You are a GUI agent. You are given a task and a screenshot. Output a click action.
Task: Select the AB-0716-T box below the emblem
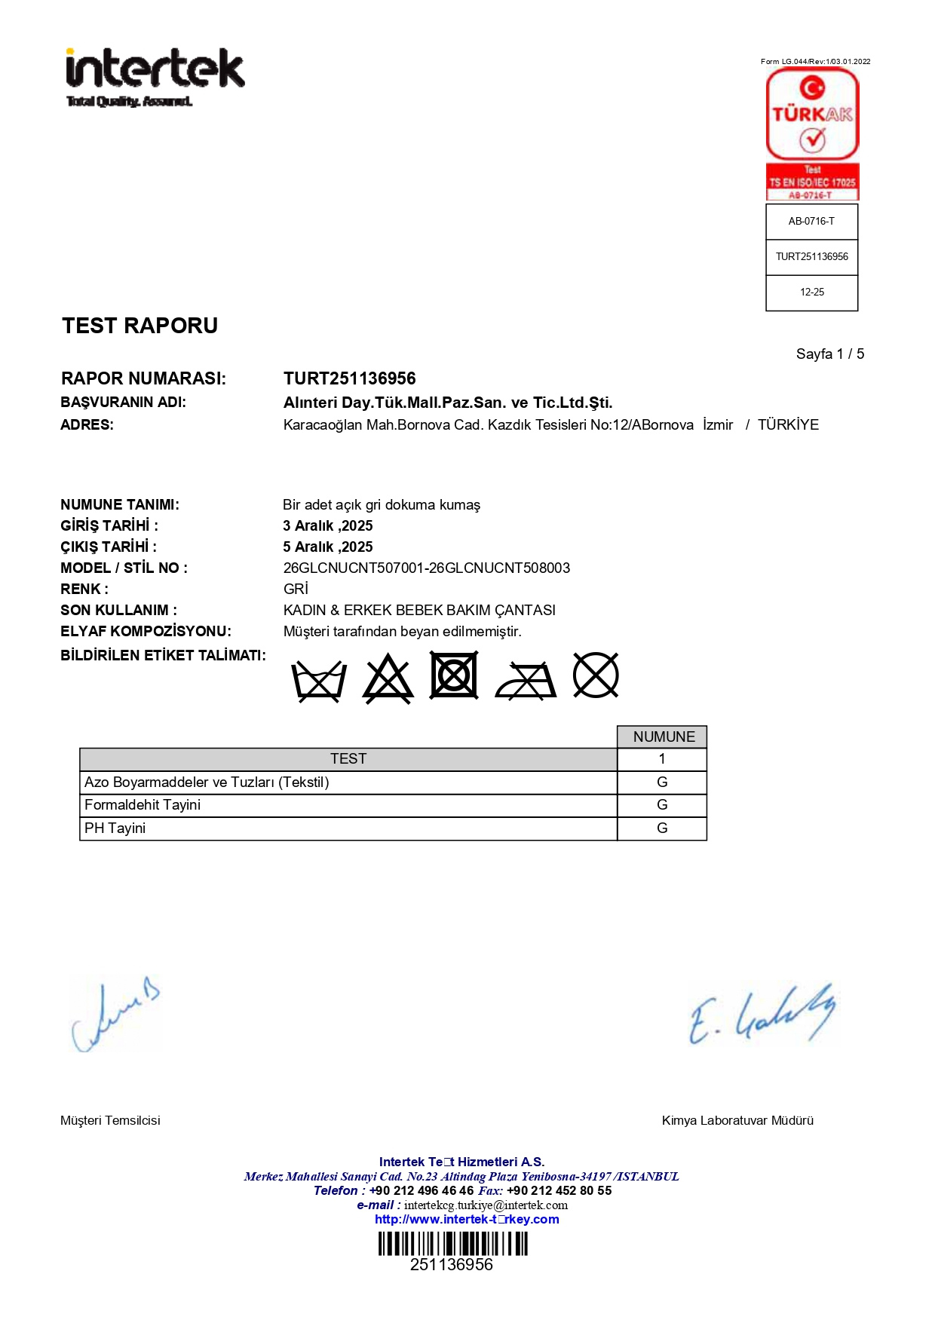[811, 222]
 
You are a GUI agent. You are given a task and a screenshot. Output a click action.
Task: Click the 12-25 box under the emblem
[811, 292]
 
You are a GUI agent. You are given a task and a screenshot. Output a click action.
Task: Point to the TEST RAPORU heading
[140, 326]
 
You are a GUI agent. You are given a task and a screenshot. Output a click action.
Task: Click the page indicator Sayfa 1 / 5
[829, 354]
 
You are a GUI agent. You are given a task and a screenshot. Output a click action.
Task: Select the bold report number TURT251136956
[349, 378]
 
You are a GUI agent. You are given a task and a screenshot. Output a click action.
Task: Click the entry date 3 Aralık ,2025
[327, 526]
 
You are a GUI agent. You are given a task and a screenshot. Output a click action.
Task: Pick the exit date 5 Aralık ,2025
[327, 547]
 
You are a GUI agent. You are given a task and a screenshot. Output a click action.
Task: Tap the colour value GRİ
[296, 590]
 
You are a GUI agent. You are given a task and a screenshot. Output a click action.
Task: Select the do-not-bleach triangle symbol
[388, 678]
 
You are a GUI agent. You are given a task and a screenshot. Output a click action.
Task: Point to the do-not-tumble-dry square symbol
[454, 675]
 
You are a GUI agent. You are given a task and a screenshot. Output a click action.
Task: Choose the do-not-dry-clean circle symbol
[596, 675]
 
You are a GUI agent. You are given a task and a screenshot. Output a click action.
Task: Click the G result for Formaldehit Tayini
[662, 805]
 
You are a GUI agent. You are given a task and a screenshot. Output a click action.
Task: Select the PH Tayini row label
[115, 828]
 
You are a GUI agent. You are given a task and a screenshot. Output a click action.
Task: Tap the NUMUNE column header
[664, 737]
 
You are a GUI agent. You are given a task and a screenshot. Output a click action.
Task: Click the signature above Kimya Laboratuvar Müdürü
[762, 1014]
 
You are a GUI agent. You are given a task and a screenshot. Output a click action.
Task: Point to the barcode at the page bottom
[452, 1243]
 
